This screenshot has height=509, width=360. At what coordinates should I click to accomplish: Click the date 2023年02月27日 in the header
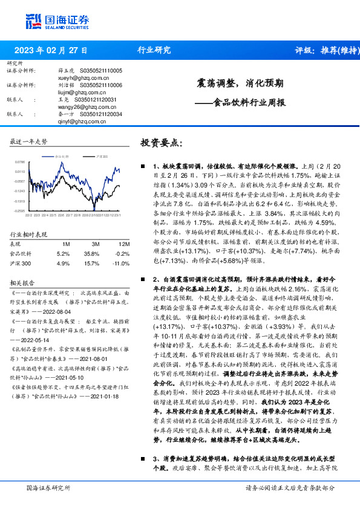50,50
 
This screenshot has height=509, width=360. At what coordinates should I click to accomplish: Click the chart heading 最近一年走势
29,141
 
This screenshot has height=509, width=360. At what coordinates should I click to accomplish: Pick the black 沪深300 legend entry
101,157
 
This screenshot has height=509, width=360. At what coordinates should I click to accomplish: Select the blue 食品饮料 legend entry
61,157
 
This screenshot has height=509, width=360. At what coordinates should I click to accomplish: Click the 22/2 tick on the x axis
28,214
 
